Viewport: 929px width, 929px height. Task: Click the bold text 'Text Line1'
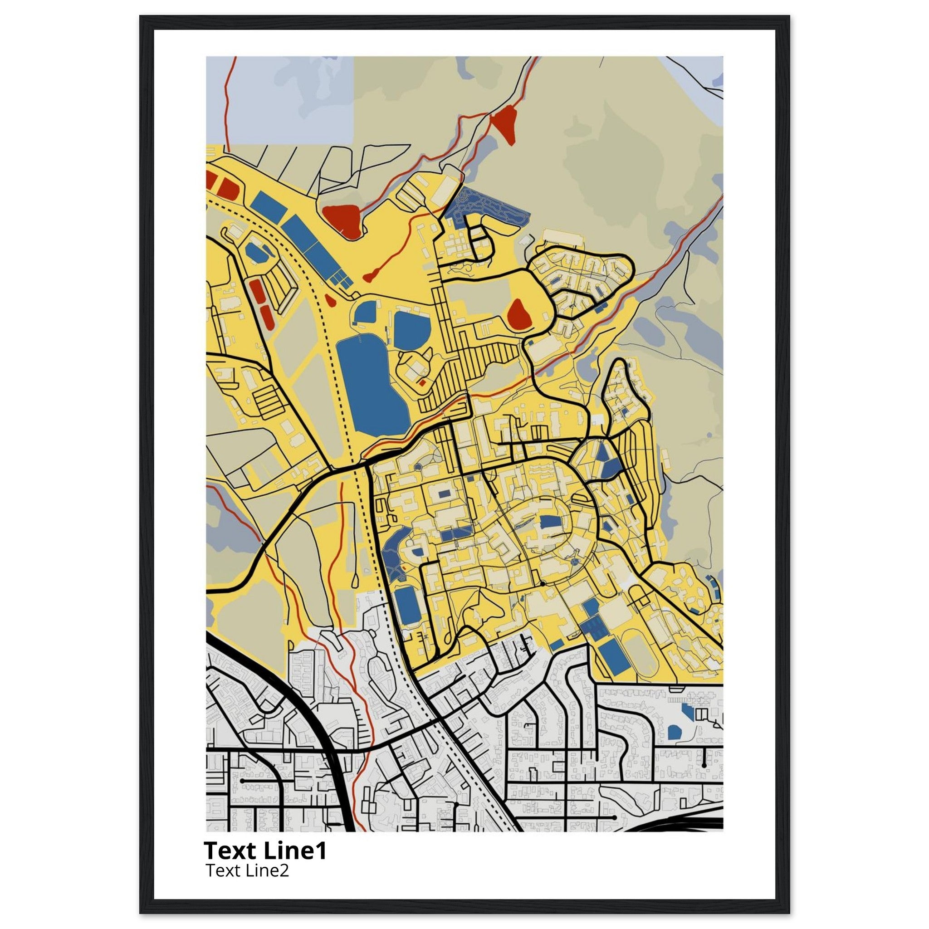point(265,851)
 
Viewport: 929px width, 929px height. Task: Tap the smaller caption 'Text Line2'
point(247,870)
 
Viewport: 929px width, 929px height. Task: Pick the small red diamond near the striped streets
point(422,383)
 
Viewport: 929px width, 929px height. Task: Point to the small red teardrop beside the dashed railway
point(330,300)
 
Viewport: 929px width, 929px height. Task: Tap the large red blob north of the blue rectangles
point(342,220)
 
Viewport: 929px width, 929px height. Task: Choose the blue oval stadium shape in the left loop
point(255,251)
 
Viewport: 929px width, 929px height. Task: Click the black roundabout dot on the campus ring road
point(542,584)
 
